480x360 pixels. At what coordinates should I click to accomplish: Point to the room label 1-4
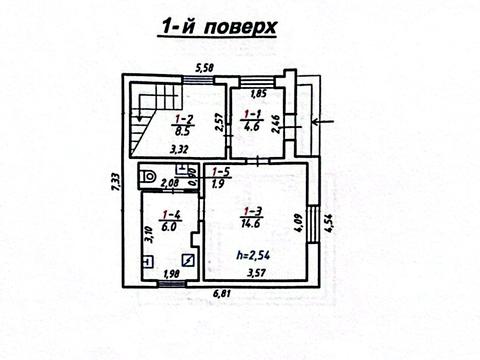(x=171, y=214)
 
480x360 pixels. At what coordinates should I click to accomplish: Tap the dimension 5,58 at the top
(x=204, y=68)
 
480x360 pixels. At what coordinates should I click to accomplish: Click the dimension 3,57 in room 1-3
(x=257, y=273)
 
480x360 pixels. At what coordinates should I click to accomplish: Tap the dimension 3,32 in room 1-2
(x=180, y=150)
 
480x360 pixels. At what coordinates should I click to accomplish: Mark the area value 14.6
(x=255, y=226)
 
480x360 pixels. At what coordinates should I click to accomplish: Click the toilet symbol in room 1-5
(x=148, y=178)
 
